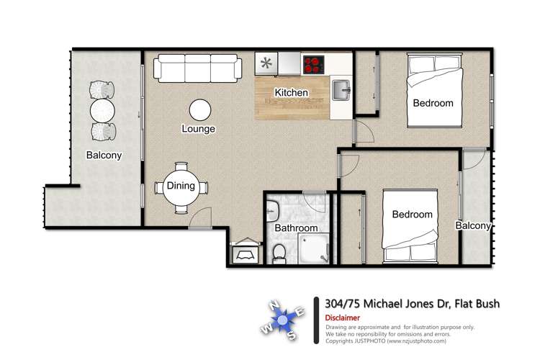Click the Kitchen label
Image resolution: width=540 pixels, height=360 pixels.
(x=292, y=93)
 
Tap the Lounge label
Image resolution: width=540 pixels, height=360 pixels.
(x=198, y=130)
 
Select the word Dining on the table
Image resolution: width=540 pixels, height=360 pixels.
(x=181, y=186)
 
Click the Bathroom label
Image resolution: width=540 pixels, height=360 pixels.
(x=297, y=228)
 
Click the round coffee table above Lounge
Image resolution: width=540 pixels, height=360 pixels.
(x=200, y=109)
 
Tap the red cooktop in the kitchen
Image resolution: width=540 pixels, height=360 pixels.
(x=315, y=65)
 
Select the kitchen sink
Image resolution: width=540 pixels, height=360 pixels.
(x=341, y=91)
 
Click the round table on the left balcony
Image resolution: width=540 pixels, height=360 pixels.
(x=102, y=111)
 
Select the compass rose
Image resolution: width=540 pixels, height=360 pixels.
(x=282, y=318)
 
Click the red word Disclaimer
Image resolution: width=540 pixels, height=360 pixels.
(x=342, y=318)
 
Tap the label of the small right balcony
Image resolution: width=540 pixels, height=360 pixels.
(x=473, y=226)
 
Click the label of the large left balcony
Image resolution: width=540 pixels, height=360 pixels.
(x=104, y=155)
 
